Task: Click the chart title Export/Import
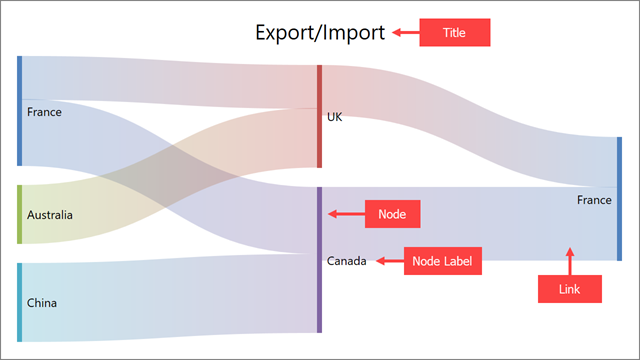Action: (x=319, y=33)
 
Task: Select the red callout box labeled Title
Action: (x=453, y=33)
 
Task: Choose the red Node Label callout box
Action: (x=442, y=261)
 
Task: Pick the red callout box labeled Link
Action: (x=570, y=289)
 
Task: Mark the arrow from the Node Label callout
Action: (x=387, y=261)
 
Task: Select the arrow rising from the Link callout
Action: (x=570, y=260)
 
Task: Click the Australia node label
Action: (x=50, y=214)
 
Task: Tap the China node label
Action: (x=42, y=302)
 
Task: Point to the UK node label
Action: (x=334, y=117)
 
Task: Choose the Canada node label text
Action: (x=346, y=261)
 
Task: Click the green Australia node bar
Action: (x=19, y=214)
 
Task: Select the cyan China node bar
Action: (x=19, y=302)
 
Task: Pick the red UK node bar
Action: (x=319, y=116)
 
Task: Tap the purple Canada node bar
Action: (x=319, y=259)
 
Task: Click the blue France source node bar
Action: (x=19, y=111)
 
